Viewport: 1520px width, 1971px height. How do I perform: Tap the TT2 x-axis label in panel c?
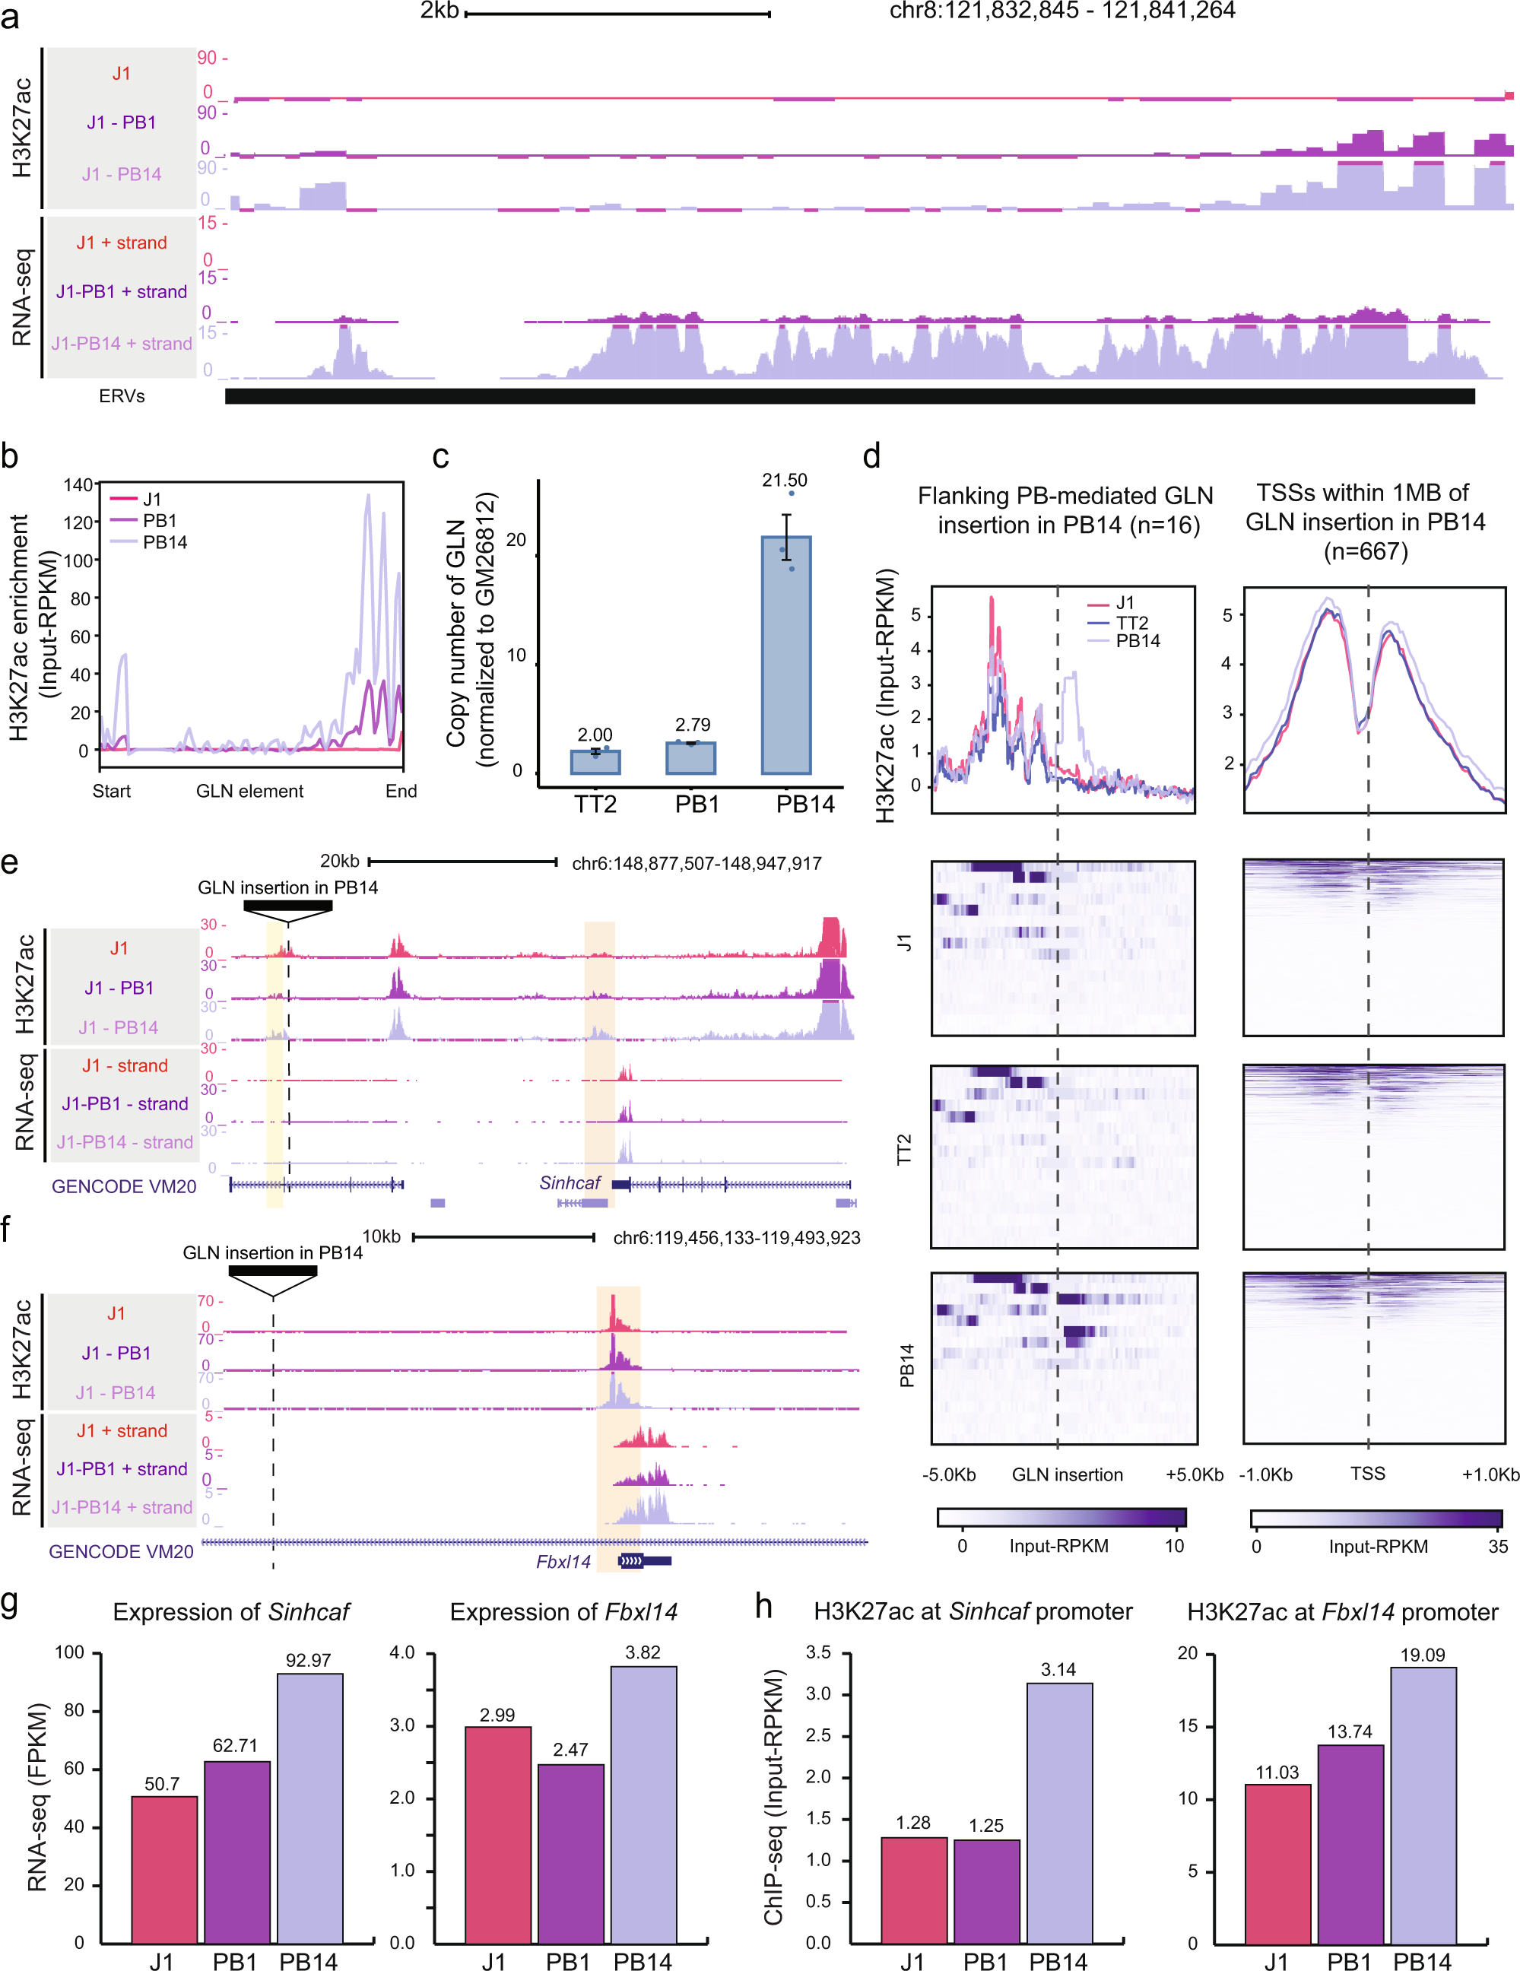[595, 804]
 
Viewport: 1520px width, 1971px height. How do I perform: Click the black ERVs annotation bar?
[849, 396]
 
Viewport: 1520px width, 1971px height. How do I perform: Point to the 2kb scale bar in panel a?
[617, 14]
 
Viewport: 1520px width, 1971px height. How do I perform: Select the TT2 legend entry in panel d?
[1131, 623]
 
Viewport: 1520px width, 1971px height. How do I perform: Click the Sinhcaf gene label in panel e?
[569, 1183]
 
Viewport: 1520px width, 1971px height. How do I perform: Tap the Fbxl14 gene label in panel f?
[563, 1562]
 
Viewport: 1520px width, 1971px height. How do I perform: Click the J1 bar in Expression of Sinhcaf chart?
[164, 1869]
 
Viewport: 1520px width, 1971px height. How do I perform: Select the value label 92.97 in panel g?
[308, 1661]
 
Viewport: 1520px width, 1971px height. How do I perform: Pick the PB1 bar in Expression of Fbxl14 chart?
[570, 1853]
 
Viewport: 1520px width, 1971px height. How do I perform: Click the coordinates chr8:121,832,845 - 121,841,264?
[1061, 11]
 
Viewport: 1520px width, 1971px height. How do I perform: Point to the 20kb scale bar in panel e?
[462, 862]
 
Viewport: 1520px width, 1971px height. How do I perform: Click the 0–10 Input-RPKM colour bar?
[1061, 1517]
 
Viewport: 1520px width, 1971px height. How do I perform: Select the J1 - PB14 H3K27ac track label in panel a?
[122, 174]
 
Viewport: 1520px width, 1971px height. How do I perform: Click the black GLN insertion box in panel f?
[271, 1271]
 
